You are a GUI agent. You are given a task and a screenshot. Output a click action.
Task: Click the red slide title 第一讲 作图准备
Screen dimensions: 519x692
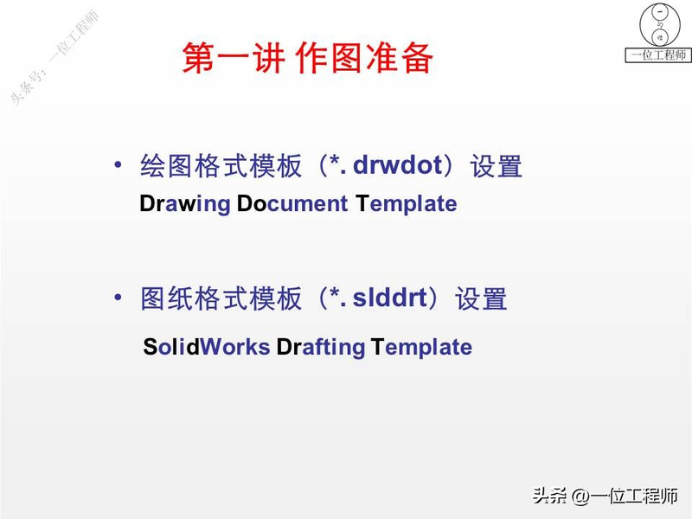(307, 58)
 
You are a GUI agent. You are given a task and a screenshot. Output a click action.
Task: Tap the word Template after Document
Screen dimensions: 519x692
(406, 204)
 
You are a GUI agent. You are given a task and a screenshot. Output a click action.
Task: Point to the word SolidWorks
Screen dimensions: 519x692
(207, 347)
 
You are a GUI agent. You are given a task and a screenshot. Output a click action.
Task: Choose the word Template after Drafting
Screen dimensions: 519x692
(421, 347)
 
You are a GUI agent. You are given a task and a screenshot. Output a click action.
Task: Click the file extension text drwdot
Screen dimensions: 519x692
(398, 165)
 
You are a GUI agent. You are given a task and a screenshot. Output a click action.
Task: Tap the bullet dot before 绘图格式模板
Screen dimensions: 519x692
(119, 164)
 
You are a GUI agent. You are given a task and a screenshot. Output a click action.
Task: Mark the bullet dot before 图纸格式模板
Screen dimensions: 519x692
(119, 298)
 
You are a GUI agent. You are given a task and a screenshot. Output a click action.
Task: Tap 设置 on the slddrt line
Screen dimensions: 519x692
(481, 299)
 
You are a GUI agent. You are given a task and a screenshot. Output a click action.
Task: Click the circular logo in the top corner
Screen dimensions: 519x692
(659, 26)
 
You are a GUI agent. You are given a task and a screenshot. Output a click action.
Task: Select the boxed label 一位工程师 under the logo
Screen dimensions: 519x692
(659, 55)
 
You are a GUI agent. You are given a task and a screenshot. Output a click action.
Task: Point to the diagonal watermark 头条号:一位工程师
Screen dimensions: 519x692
(54, 56)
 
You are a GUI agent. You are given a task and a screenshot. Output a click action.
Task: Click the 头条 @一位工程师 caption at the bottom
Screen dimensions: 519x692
(605, 497)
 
